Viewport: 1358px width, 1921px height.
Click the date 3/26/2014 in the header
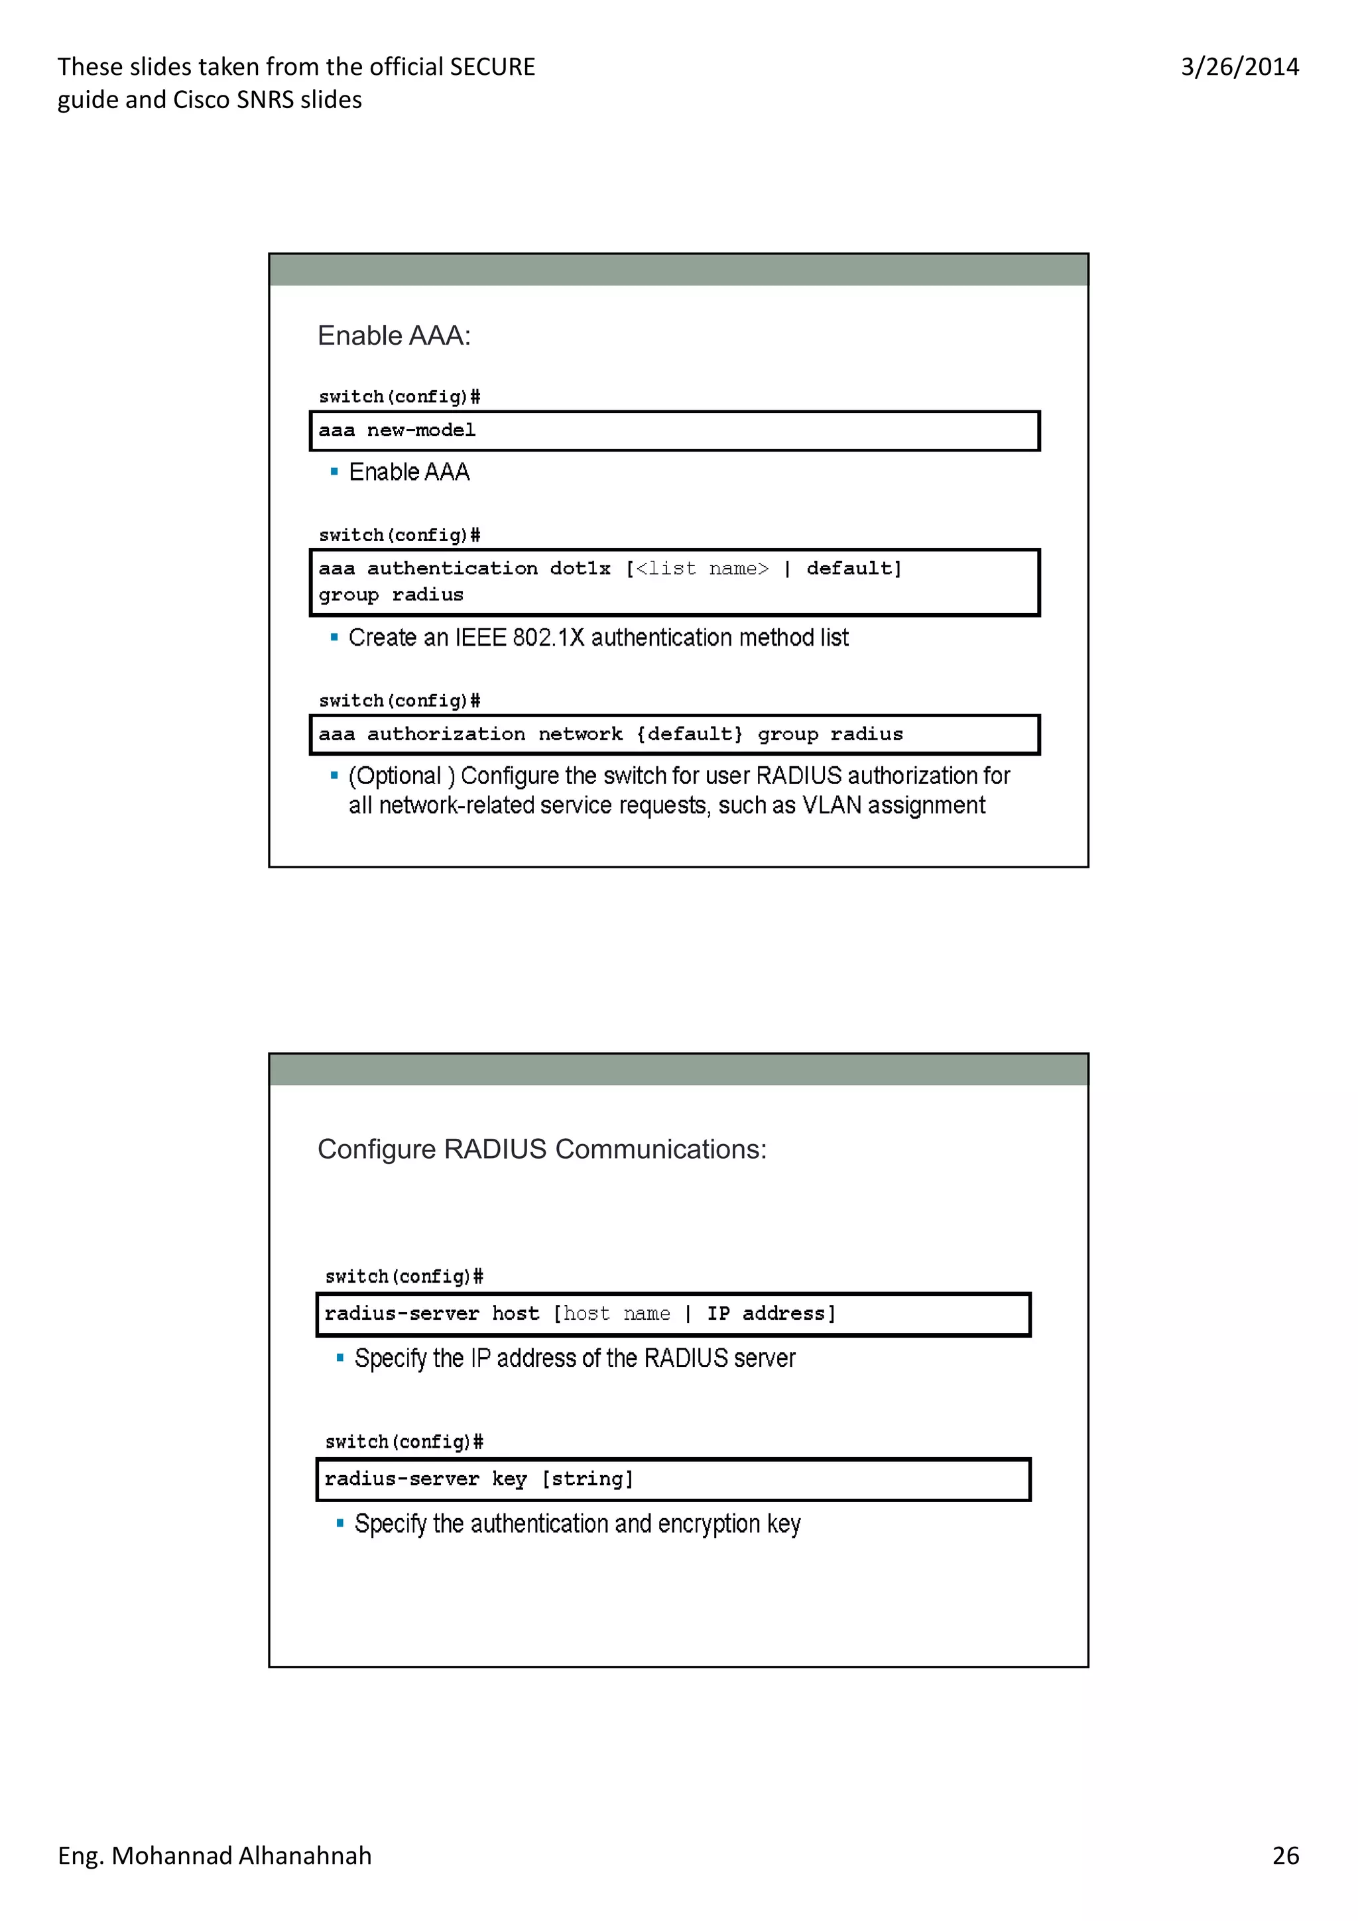(x=1239, y=67)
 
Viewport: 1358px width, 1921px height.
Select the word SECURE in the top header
(x=492, y=67)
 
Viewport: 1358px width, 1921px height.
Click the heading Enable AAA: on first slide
(x=393, y=335)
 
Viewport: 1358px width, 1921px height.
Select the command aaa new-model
(x=397, y=430)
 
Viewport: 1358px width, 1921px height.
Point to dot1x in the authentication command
(x=580, y=568)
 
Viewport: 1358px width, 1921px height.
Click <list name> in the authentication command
(x=701, y=568)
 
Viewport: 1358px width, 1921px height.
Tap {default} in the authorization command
(x=690, y=734)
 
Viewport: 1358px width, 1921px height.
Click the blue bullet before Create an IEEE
(x=334, y=638)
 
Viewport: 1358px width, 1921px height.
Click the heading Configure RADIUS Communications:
(x=541, y=1149)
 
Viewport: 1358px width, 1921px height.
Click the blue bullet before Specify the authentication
(x=339, y=1523)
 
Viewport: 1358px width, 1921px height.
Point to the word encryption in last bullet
(x=709, y=1523)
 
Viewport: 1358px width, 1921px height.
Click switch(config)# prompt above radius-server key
(x=404, y=1441)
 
